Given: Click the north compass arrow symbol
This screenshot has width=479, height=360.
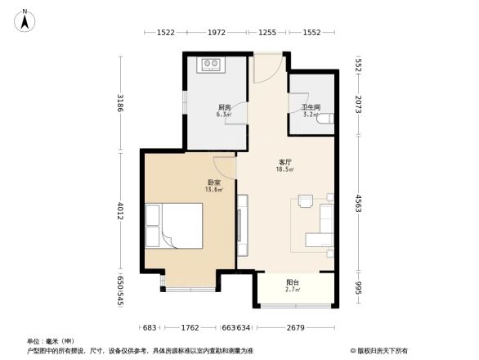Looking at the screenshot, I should pyautogui.click(x=25, y=20).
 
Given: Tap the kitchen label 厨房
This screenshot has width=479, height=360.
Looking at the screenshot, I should pyautogui.click(x=223, y=109).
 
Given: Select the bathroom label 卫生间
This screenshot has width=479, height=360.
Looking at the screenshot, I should pyautogui.click(x=311, y=108).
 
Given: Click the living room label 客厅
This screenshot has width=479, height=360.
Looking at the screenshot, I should pyautogui.click(x=285, y=164).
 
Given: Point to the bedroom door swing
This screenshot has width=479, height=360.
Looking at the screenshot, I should pyautogui.click(x=225, y=163).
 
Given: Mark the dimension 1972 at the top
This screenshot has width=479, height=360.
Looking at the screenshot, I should pyautogui.click(x=216, y=33).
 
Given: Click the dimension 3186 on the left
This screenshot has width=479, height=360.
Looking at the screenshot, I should pyautogui.click(x=120, y=104).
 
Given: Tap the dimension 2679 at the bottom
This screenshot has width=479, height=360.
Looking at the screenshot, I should pyautogui.click(x=296, y=329).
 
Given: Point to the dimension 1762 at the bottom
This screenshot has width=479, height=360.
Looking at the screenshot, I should pyautogui.click(x=190, y=329).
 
